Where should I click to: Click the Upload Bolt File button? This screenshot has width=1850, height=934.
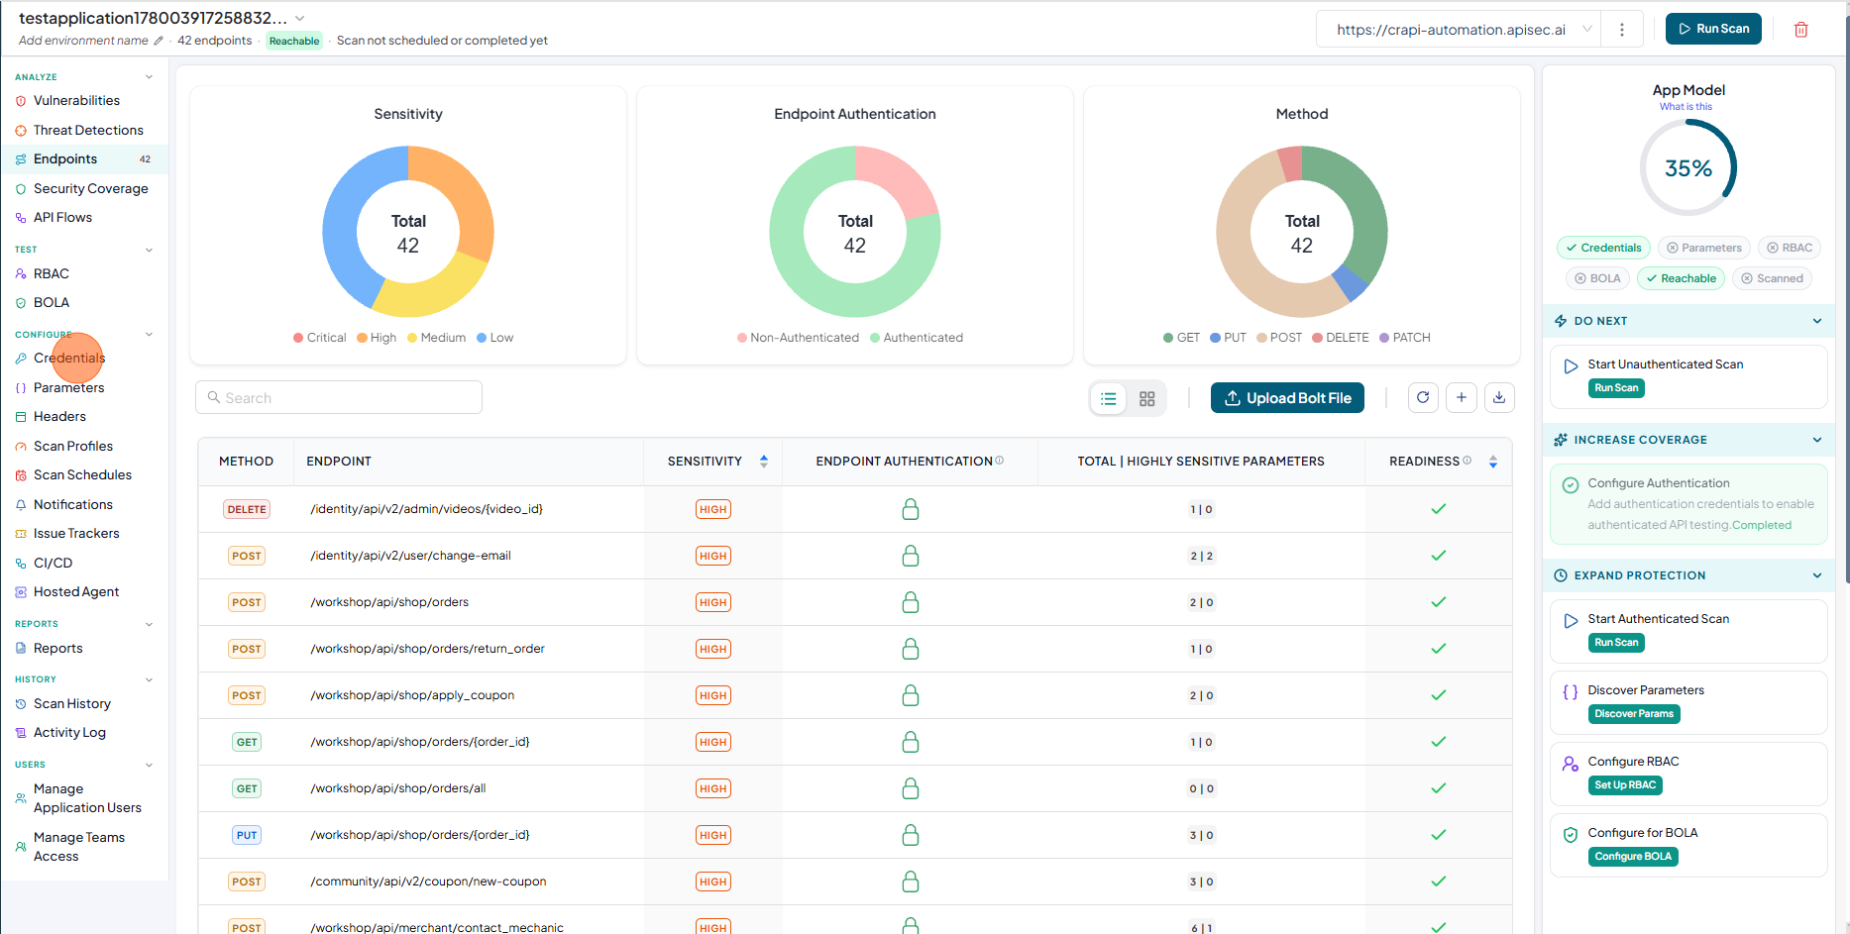pos(1287,398)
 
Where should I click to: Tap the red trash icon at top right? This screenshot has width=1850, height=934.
pos(1801,30)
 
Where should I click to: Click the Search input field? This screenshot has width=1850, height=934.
pos(339,397)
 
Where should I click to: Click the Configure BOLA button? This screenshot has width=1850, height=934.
pos(1633,857)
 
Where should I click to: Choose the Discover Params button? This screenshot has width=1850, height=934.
pos(1634,714)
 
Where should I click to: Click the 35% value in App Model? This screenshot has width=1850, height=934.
pos(1688,168)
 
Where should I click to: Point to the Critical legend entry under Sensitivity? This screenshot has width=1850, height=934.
pos(319,338)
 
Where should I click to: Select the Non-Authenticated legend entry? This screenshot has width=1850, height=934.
pos(798,338)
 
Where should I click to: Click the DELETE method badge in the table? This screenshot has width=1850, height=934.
pos(247,509)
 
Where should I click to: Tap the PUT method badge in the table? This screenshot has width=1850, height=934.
pos(247,835)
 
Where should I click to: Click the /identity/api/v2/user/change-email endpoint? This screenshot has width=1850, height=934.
pos(411,556)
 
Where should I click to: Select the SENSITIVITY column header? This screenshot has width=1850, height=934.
pos(705,462)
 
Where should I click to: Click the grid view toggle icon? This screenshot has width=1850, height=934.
pos(1147,398)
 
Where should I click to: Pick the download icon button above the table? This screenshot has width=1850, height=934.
pos(1499,397)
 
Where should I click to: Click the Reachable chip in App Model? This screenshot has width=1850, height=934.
pos(1681,278)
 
